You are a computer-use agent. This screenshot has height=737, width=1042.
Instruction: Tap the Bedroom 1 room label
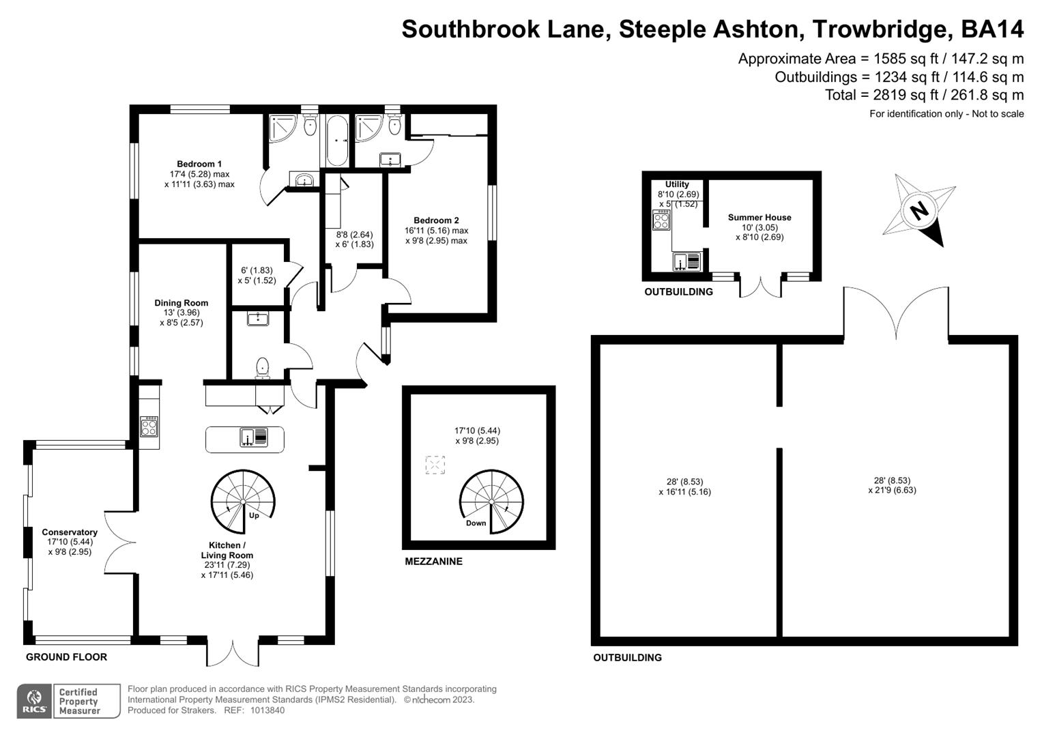coord(199,164)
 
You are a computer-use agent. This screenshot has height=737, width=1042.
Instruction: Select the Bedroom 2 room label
coord(436,220)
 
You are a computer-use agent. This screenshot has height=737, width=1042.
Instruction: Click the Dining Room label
coord(181,303)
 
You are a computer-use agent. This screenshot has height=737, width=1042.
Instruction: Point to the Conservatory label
coord(70,532)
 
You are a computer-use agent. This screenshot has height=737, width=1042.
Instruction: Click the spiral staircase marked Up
coord(242,502)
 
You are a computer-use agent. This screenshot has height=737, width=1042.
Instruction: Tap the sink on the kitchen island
coord(253,437)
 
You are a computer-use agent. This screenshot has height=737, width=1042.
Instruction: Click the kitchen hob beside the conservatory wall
coord(149,427)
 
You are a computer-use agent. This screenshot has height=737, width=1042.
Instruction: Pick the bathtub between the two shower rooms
coord(337,141)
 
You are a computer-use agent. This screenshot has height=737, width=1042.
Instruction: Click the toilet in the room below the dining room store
coord(263,369)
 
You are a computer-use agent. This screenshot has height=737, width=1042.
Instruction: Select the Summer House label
coord(759,218)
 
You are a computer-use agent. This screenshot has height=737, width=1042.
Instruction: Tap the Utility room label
coord(677,184)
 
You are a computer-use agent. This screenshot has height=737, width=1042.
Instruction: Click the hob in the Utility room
coord(661,220)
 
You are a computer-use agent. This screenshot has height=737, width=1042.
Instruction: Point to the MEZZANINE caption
coord(433,562)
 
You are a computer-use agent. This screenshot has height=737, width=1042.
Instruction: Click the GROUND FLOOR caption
coord(66,657)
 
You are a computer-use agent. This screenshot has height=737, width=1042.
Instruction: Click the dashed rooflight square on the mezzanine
coord(435,465)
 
